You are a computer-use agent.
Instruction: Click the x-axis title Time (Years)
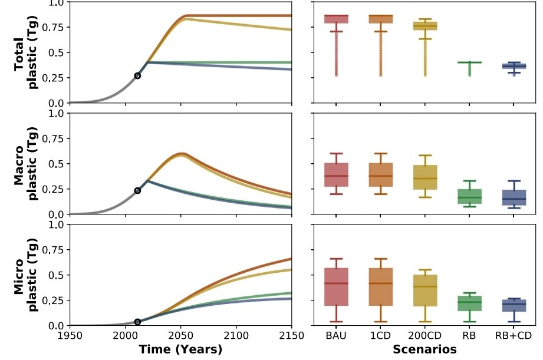pos(180,349)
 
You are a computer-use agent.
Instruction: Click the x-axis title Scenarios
pos(424,349)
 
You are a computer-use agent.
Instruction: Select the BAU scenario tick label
pos(335,335)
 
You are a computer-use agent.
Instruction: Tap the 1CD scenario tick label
pos(380,335)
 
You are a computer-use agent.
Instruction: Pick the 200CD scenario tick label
pos(424,335)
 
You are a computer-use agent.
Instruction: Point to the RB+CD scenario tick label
pos(513,335)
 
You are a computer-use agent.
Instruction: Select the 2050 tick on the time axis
pos(180,335)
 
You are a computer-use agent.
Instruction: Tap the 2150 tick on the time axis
pos(291,335)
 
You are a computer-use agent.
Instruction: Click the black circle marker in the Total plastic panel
pos(137,76)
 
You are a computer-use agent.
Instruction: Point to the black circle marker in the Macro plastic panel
pos(137,191)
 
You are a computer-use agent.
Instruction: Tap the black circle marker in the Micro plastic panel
pos(137,322)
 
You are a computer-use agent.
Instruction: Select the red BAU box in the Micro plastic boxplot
pos(335,288)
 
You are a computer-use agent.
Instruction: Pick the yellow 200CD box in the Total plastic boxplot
pos(424,26)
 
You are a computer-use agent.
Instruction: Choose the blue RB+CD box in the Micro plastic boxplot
pos(513,305)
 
